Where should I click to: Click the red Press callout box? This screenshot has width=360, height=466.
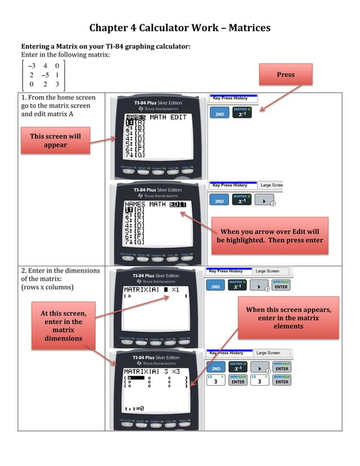[286, 74]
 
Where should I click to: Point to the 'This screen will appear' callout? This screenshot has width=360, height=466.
[55, 140]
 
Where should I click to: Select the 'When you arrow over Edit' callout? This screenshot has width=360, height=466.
[269, 236]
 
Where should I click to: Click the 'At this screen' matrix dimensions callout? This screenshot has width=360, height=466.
[63, 326]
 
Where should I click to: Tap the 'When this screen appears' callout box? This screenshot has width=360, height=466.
[288, 318]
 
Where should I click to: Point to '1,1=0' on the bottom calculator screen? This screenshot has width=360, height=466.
[134, 408]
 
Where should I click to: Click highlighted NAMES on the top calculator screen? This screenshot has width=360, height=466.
[135, 117]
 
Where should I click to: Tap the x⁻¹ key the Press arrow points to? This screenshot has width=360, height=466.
[242, 113]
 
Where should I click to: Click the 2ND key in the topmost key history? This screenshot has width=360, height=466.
[219, 113]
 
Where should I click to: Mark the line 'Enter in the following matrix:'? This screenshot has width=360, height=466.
[65, 54]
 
